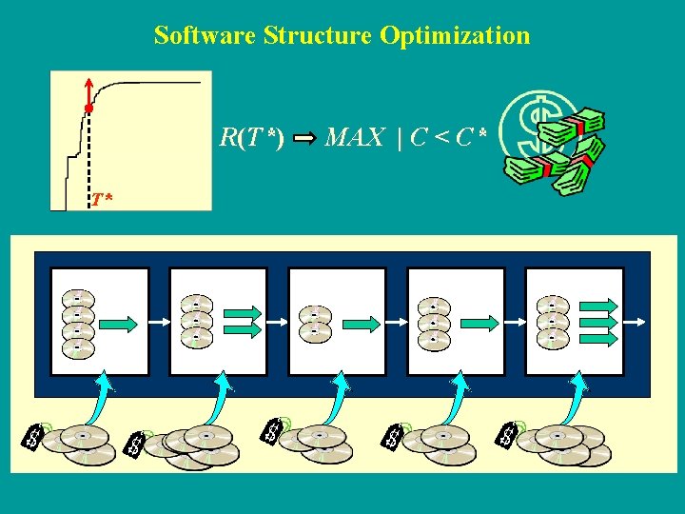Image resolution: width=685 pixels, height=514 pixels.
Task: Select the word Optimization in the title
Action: tap(455, 36)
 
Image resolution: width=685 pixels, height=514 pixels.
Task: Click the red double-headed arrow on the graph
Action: tap(88, 93)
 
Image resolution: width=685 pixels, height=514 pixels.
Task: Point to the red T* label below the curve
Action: tap(102, 199)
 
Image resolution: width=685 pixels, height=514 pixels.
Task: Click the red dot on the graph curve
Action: tap(88, 110)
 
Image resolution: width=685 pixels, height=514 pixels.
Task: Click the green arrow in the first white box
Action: tap(120, 325)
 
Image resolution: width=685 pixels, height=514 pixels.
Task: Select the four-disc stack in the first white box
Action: tap(77, 322)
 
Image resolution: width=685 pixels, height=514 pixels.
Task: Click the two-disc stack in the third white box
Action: tap(315, 324)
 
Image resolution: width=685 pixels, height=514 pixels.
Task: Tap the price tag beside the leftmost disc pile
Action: tap(35, 435)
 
